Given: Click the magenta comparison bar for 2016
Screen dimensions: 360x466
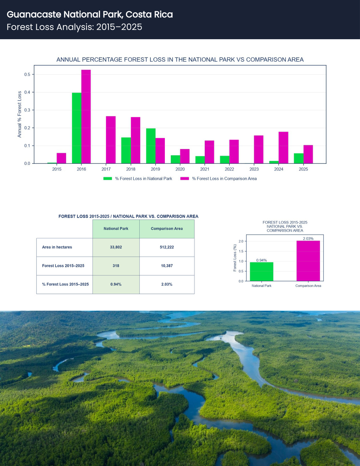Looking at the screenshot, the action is pyautogui.click(x=86, y=116).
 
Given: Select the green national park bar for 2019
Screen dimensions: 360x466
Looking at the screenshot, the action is pyautogui.click(x=151, y=146).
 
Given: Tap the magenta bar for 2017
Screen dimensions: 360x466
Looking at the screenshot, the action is pyautogui.click(x=110, y=140).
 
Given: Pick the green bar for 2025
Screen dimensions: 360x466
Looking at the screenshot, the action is pyautogui.click(x=299, y=158).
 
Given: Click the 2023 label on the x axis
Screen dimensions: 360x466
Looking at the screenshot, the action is pyautogui.click(x=254, y=169).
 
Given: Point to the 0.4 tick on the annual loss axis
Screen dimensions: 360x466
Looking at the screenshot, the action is pyautogui.click(x=27, y=92).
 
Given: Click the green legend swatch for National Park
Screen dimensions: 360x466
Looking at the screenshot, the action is pyautogui.click(x=108, y=178).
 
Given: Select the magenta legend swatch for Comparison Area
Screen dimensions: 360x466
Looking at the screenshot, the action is pyautogui.click(x=185, y=178).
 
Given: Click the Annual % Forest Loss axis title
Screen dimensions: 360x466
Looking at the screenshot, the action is pyautogui.click(x=19, y=114).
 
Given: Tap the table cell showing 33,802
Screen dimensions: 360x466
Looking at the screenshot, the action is pyautogui.click(x=116, y=247).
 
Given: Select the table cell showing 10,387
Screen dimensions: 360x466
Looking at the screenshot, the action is pyautogui.click(x=167, y=266).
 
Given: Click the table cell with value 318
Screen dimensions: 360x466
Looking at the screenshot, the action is pyautogui.click(x=116, y=266).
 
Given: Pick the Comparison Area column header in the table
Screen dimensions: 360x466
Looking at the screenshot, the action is pyautogui.click(x=167, y=229).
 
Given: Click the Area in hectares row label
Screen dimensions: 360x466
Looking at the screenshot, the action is pyautogui.click(x=57, y=247).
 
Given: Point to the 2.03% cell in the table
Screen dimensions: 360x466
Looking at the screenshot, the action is pyautogui.click(x=167, y=284).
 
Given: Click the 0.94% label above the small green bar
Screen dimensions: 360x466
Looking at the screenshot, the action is pyautogui.click(x=262, y=260).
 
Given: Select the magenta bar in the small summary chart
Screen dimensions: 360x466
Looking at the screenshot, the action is pyautogui.click(x=308, y=261).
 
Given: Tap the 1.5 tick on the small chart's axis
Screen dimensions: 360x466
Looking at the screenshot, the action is pyautogui.click(x=241, y=251).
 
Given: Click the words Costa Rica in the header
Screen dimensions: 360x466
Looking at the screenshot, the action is pyautogui.click(x=149, y=14).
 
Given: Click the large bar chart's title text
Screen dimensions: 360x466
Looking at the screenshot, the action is pyautogui.click(x=180, y=60).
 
